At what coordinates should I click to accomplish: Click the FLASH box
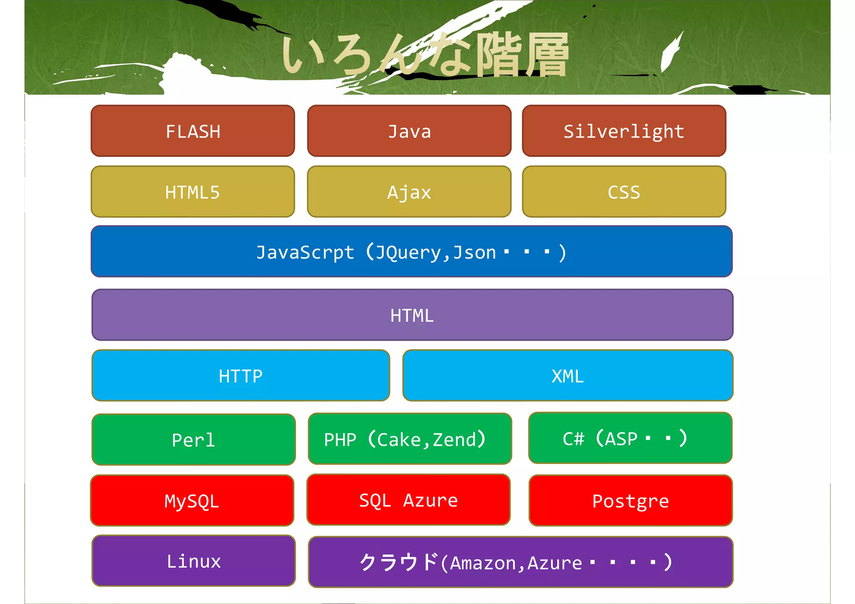(x=193, y=131)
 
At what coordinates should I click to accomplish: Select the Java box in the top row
(x=409, y=131)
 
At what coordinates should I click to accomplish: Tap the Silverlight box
(x=624, y=131)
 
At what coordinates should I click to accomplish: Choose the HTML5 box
(x=193, y=192)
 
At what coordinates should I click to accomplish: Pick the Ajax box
(x=409, y=192)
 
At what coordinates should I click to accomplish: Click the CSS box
(x=624, y=192)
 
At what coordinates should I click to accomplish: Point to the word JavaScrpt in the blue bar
(x=305, y=252)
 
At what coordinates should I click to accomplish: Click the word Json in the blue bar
(x=474, y=252)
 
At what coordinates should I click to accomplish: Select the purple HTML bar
(x=412, y=315)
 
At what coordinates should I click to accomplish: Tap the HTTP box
(x=241, y=376)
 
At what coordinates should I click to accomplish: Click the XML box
(x=568, y=376)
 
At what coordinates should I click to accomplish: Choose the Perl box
(x=194, y=440)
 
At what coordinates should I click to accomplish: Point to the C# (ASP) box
(x=630, y=438)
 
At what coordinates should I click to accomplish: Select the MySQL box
(x=192, y=500)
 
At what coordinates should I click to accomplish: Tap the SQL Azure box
(x=408, y=500)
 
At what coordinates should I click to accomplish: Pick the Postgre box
(x=630, y=500)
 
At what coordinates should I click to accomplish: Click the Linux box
(x=194, y=561)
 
